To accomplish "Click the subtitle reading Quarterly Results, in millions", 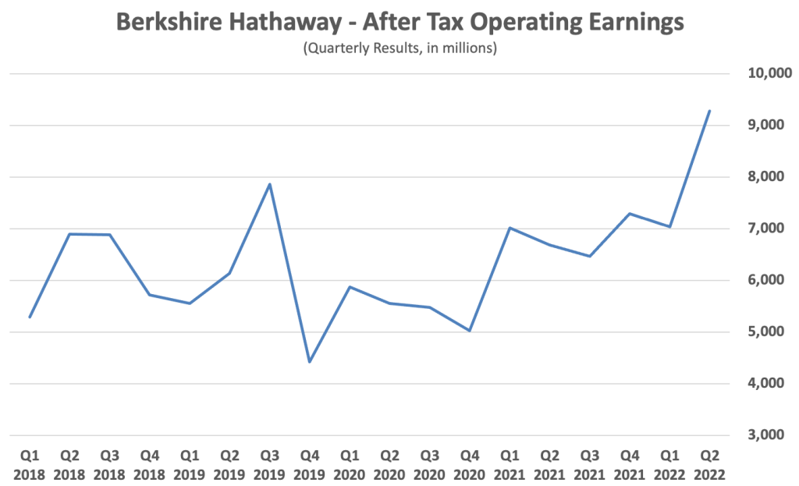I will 399,48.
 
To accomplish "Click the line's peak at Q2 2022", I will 709,111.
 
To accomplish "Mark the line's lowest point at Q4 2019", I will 310,362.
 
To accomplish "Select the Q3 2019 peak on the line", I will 270,184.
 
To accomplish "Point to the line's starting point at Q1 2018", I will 30,317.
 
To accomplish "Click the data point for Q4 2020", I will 470,331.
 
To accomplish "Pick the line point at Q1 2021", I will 510,228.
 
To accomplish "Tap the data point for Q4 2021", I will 629,214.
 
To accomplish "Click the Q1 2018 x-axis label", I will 30,465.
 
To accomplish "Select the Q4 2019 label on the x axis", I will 310,465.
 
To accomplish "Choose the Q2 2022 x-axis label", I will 709,465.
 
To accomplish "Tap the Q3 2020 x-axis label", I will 429,465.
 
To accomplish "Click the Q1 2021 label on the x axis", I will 510,465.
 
